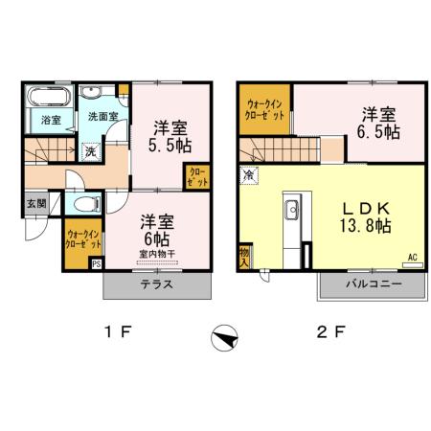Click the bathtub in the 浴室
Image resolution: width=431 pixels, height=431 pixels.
49,98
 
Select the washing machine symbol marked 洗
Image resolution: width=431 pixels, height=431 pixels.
88,150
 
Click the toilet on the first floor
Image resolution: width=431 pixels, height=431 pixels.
85,203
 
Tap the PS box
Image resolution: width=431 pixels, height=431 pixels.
96,265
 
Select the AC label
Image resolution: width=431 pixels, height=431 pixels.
413,257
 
